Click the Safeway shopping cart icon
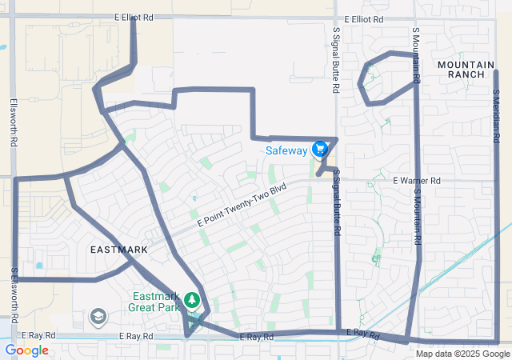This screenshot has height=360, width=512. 320,149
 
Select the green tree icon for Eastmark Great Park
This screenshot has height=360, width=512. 192,300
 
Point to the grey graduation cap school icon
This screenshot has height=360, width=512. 98,317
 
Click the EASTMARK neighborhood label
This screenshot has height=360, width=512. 118,250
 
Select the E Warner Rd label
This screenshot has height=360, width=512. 417,182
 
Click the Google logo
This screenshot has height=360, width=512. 26,350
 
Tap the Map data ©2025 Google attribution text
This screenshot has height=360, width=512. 462,354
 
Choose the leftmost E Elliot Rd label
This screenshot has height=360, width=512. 133,17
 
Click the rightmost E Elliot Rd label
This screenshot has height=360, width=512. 364,19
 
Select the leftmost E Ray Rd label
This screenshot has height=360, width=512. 38,336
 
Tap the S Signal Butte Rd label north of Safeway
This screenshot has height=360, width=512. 336,60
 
